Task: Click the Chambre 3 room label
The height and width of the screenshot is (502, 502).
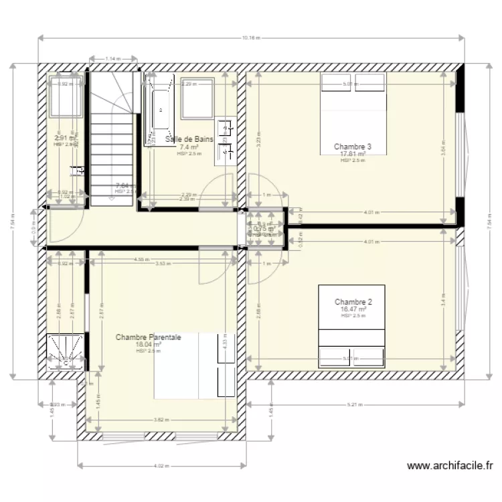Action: click(352, 146)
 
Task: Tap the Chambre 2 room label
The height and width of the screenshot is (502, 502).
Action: click(353, 302)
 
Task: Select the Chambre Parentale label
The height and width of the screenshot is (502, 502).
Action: click(148, 337)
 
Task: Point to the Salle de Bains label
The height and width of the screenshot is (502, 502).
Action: click(188, 139)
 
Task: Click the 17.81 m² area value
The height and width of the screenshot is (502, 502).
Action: click(353, 153)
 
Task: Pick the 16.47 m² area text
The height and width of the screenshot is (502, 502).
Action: click(353, 309)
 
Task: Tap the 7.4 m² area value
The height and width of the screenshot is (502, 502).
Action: click(189, 147)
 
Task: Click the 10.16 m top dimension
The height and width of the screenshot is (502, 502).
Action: click(251, 37)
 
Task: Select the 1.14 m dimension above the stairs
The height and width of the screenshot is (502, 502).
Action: click(113, 59)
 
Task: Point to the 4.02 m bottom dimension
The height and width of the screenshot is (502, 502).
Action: click(160, 465)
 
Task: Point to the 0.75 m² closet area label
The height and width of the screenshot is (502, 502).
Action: click(264, 228)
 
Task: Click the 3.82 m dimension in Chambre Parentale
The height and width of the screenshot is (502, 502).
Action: click(160, 420)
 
